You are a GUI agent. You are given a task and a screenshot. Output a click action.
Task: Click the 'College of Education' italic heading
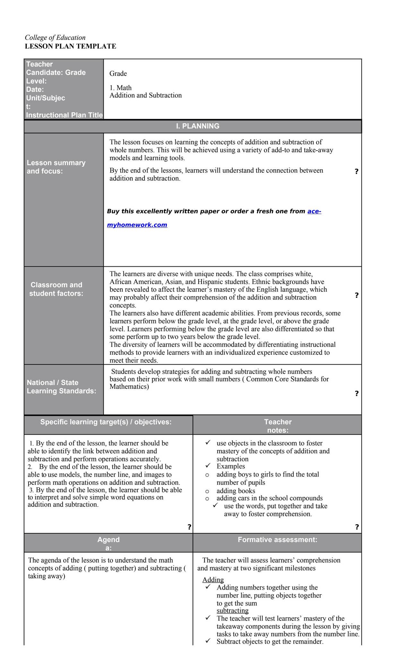pos(55,38)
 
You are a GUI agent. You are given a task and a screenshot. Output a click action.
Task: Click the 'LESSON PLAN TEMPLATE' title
pos(70,46)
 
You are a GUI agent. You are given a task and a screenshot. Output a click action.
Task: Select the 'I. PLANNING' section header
pos(197,126)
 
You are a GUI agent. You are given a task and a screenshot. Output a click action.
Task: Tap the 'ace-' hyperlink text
pos(314,211)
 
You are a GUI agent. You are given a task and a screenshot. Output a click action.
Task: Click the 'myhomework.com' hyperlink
pos(137,225)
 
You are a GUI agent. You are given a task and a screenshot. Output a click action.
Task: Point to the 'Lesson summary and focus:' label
pos(56,167)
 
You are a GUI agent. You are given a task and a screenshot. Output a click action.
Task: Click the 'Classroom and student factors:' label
pos(56,289)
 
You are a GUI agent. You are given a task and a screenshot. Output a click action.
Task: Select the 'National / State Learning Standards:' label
pos(61,387)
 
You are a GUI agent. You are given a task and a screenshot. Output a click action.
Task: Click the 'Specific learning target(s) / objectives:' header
pos(106,422)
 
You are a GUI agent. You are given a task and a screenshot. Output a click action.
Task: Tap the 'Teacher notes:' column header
pos(278,426)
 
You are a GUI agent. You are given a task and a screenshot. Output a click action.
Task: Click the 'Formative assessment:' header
pos(277,539)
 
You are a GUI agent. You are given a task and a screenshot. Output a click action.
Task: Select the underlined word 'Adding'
pos(213,580)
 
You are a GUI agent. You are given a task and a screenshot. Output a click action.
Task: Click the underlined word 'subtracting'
pos(232,610)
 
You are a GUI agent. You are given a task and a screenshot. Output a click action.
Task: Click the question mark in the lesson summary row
pos(356,171)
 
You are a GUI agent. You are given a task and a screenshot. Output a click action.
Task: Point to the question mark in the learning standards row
pos(356,393)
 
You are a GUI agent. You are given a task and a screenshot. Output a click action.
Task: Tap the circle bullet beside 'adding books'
pos(207,491)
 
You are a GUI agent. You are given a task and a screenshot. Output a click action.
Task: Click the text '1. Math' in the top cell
pos(120,88)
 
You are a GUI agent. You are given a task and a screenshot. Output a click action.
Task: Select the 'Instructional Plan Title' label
pos(64,115)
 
